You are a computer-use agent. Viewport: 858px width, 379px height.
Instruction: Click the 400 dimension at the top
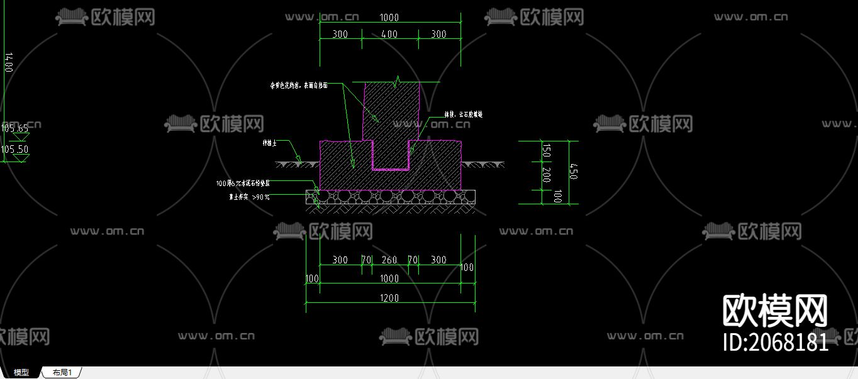[389, 34]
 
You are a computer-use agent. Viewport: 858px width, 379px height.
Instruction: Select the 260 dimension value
[389, 260]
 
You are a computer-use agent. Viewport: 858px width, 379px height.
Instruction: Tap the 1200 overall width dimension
[389, 298]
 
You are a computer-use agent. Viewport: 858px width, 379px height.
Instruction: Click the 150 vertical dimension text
[546, 151]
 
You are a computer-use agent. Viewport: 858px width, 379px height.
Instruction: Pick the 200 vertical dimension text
[546, 175]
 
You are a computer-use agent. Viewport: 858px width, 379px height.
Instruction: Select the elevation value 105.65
[14, 128]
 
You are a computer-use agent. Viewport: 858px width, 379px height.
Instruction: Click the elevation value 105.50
[14, 150]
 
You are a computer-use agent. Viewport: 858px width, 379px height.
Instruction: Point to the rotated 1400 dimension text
[8, 63]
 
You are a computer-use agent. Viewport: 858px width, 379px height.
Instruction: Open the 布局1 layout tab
[62, 373]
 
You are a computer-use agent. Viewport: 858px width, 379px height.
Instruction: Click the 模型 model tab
[21, 373]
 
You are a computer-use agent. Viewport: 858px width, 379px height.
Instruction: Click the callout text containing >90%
[249, 197]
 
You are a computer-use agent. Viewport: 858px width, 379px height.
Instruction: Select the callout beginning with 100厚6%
[243, 184]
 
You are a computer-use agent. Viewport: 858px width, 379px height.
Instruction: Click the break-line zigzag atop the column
[396, 81]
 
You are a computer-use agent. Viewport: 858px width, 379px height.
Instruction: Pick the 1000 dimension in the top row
[389, 18]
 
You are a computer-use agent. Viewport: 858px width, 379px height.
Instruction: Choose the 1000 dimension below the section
[389, 278]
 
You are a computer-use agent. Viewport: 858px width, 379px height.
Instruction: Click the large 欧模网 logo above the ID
[774, 311]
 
